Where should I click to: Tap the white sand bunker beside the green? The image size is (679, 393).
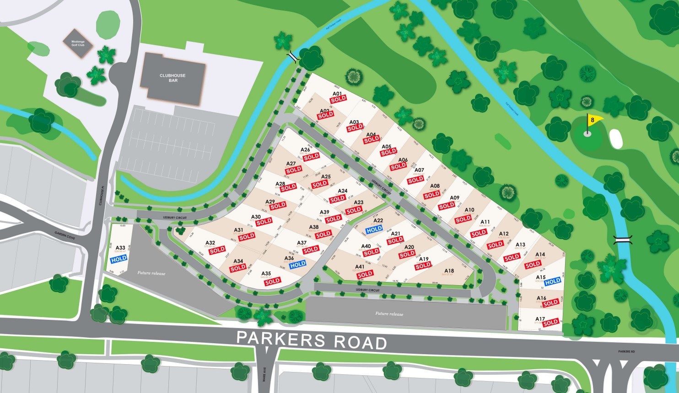click(x=616, y=138)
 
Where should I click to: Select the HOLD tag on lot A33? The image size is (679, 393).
click(x=119, y=259)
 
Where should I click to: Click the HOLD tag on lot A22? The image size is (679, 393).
click(x=374, y=229)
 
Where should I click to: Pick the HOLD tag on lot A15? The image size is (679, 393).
click(x=553, y=281)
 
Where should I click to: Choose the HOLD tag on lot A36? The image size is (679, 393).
click(x=297, y=264)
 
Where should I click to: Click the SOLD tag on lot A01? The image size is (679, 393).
click(x=339, y=99)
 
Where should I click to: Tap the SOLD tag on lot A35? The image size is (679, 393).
click(x=272, y=281)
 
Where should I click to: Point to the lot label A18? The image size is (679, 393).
click(x=448, y=271)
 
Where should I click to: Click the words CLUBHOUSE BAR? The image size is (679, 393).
click(x=172, y=78)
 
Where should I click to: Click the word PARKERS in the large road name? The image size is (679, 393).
click(x=280, y=340)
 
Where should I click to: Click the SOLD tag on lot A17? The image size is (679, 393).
click(x=550, y=322)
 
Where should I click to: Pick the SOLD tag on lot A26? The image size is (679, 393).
click(x=311, y=156)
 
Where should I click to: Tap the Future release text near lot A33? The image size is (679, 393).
click(x=151, y=273)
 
